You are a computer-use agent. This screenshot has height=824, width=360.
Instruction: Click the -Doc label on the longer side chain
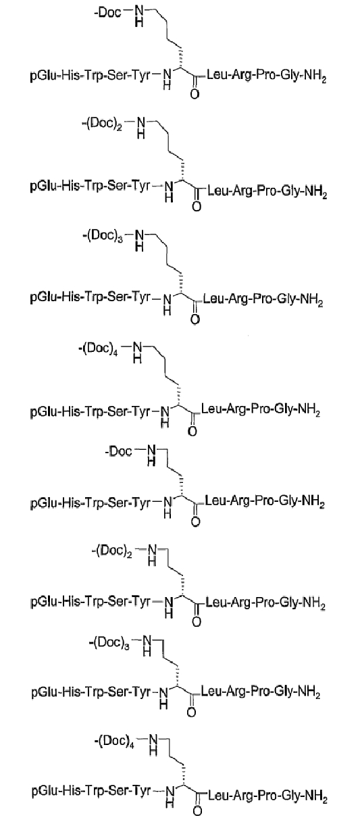coord(109,12)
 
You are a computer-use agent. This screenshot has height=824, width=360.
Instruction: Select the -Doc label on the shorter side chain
coord(118,450)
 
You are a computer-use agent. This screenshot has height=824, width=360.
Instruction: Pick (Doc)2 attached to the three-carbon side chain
coord(112,551)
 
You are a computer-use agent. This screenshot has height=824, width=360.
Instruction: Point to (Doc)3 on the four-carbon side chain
coord(102,235)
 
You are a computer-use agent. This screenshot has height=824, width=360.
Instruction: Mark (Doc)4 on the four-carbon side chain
coord(98,348)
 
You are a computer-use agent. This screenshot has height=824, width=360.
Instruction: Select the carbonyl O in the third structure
coord(195,319)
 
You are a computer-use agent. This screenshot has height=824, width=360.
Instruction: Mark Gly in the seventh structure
coord(284,692)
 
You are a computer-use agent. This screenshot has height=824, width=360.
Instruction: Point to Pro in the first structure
coord(267,76)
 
